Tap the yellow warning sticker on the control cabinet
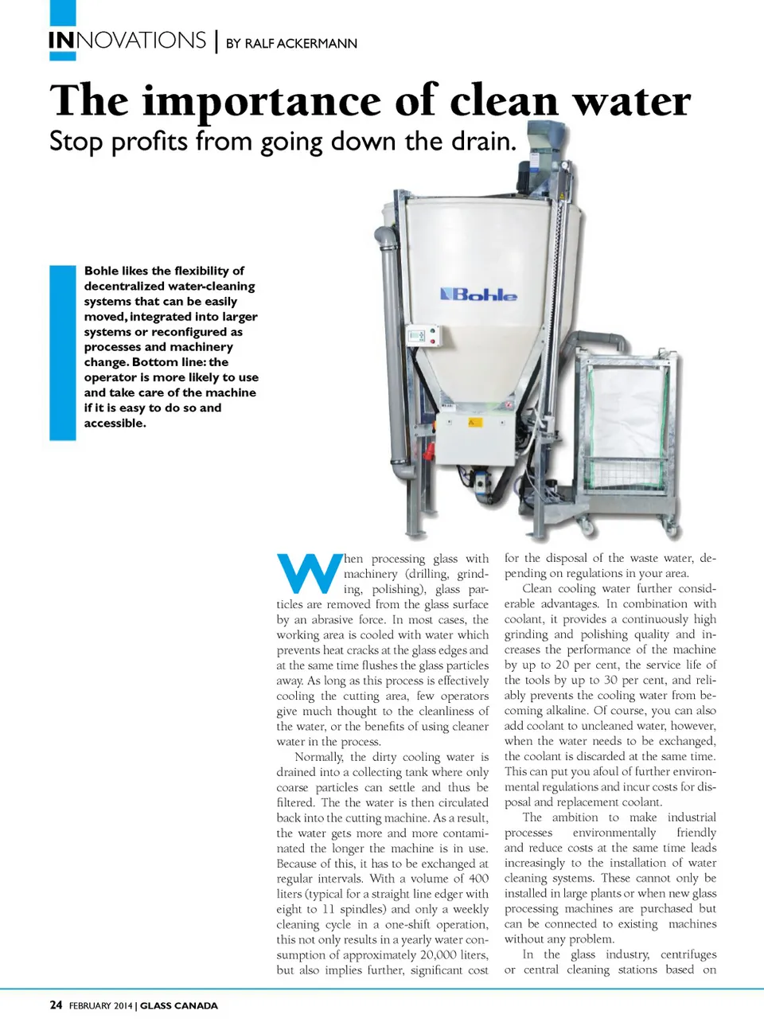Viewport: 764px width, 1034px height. click(x=475, y=422)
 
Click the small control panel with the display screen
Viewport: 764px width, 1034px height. click(x=423, y=336)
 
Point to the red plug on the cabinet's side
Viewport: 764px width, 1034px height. click(x=430, y=452)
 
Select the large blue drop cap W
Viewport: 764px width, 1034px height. click(x=310, y=573)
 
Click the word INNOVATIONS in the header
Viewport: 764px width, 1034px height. click(x=127, y=41)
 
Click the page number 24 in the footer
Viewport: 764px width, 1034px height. click(x=56, y=1005)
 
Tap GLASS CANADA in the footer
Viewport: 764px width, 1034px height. click(x=179, y=1006)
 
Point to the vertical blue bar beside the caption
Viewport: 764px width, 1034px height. click(x=63, y=353)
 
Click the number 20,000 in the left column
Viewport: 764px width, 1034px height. click(x=438, y=954)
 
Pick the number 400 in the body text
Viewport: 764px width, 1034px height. click(x=478, y=878)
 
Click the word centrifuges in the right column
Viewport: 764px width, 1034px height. click(x=688, y=954)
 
